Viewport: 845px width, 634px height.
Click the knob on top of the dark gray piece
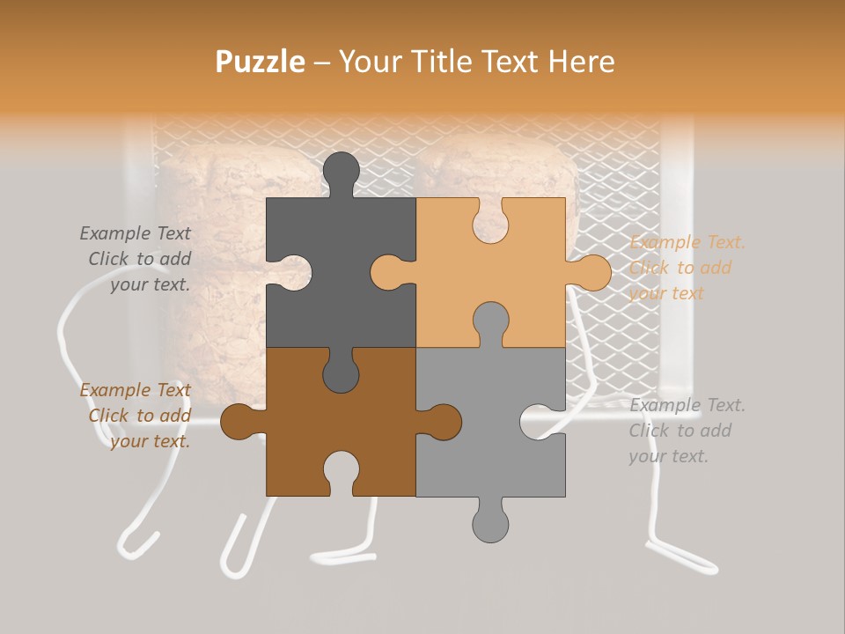click(342, 171)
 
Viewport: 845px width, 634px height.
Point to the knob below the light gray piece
click(490, 523)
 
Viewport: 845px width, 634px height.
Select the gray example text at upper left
click(136, 259)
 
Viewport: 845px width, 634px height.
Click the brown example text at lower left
click(136, 416)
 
